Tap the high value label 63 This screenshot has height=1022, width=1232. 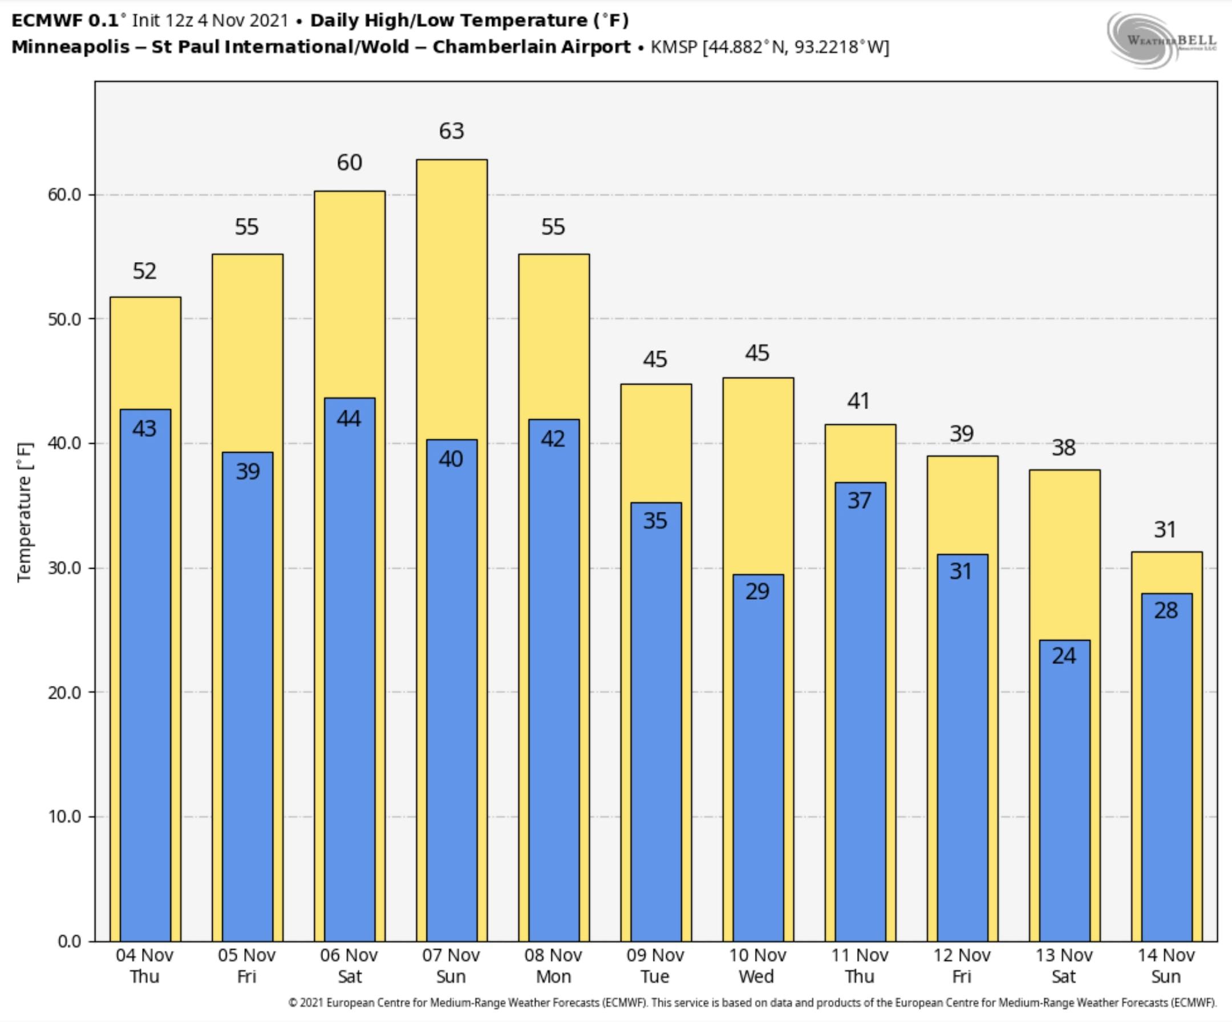(x=451, y=131)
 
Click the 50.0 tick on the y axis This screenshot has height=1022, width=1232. (x=64, y=319)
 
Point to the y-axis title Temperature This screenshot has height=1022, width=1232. (x=25, y=512)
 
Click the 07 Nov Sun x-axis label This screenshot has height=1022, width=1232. (x=451, y=966)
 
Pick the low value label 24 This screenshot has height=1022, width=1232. (x=1064, y=655)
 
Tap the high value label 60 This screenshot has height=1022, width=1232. (x=349, y=163)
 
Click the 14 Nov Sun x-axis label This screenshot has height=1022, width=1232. (x=1166, y=966)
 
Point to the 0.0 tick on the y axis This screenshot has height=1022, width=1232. (x=70, y=941)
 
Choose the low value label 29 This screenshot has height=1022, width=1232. (x=757, y=591)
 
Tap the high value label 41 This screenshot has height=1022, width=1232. (x=858, y=401)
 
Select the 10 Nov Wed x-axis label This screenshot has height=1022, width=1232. (x=757, y=966)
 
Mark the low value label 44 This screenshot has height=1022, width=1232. (x=349, y=418)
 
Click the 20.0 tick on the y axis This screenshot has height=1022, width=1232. (x=64, y=692)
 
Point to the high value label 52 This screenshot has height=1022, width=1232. (x=145, y=271)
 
